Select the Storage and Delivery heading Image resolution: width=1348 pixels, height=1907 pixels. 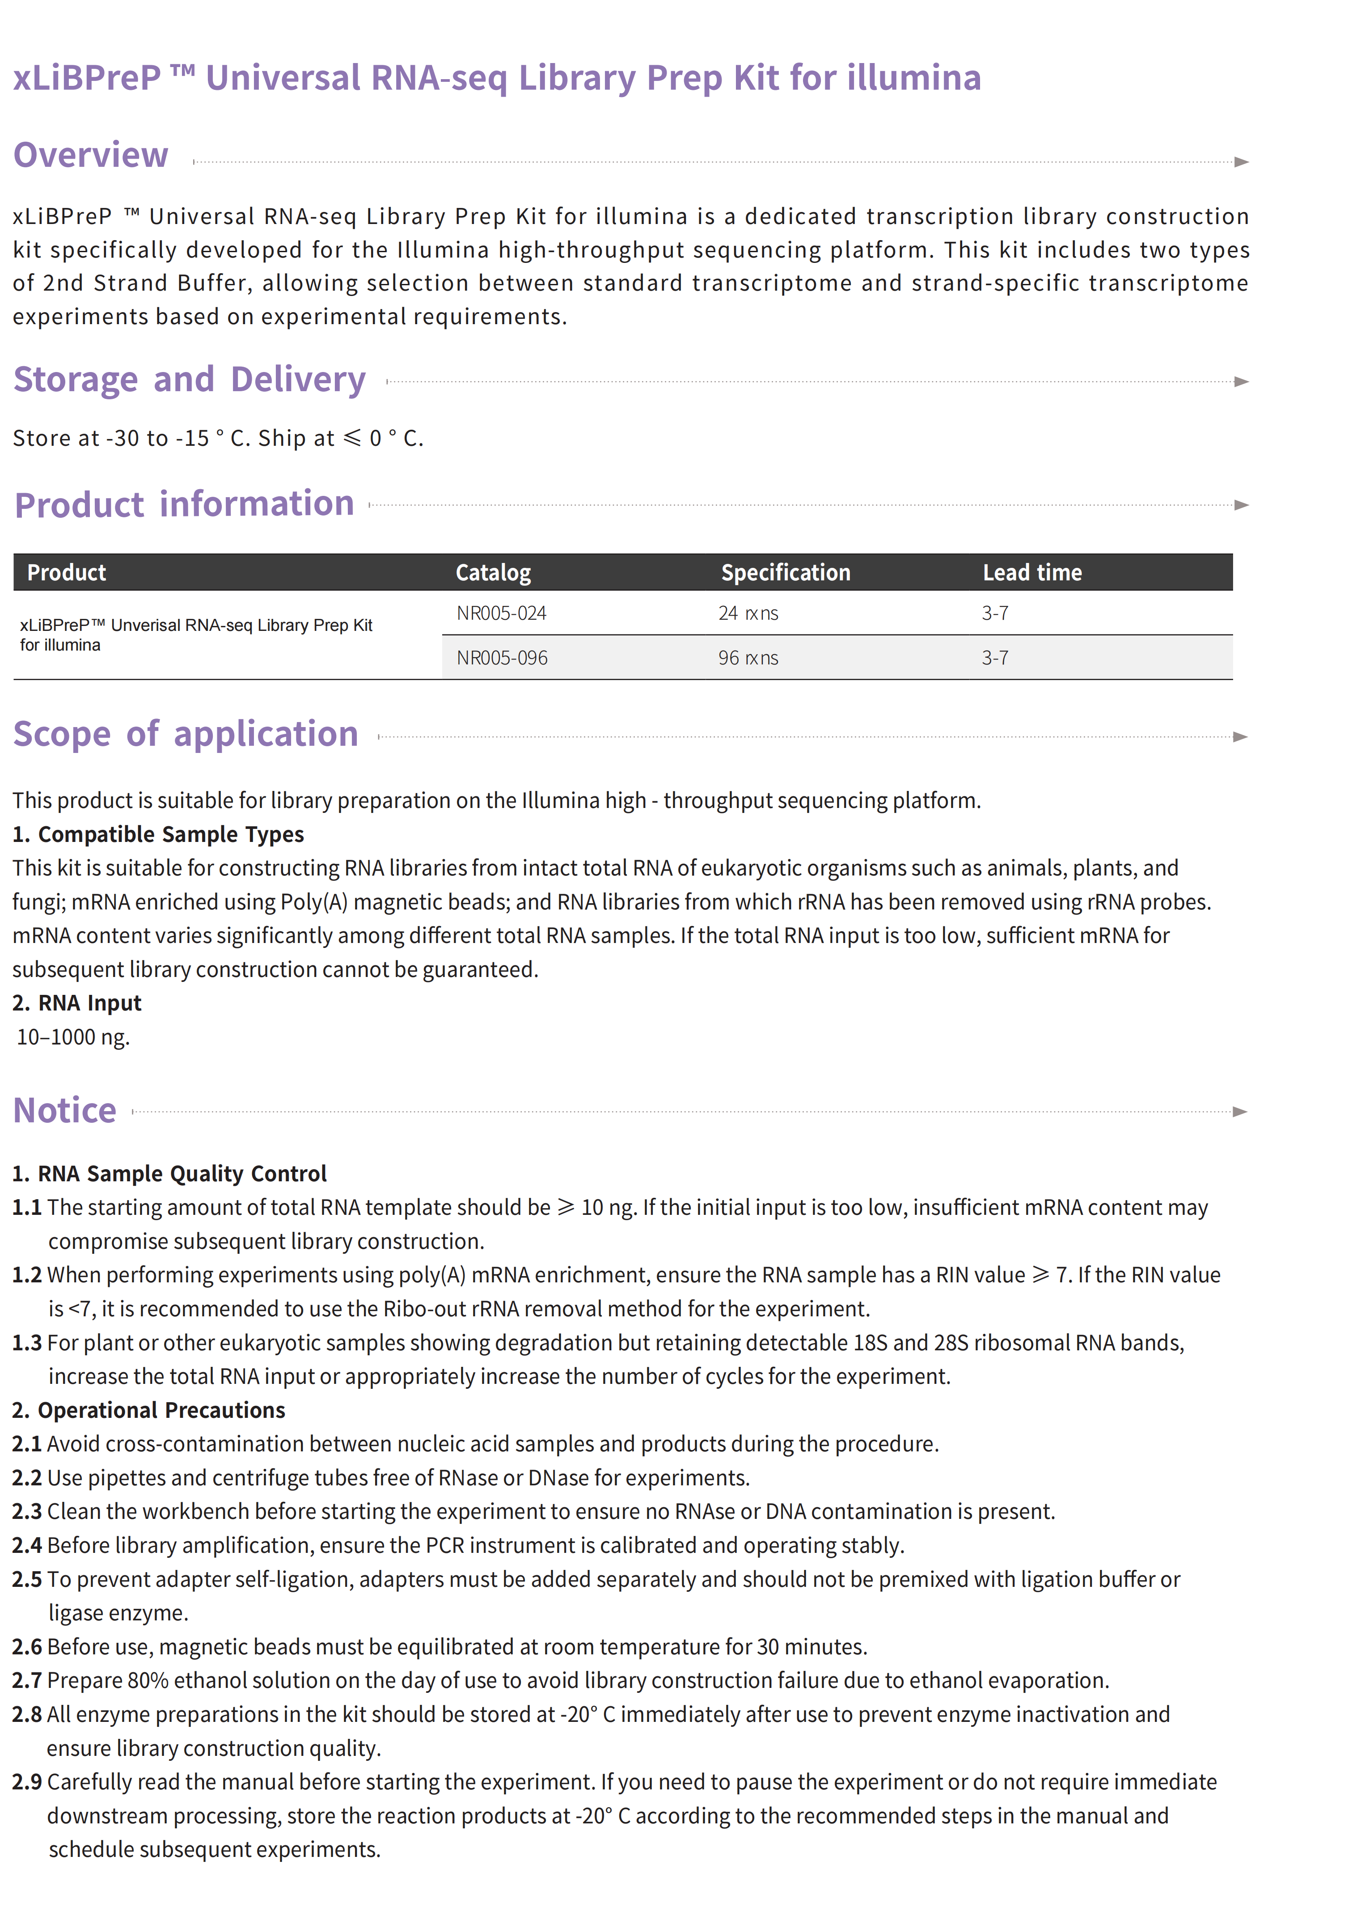tap(190, 380)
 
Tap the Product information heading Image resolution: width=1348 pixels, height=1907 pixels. tap(184, 504)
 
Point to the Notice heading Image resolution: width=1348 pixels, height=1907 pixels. tap(65, 1111)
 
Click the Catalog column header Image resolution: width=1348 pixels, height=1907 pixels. tap(493, 572)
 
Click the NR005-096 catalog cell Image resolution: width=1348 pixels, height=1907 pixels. tap(502, 658)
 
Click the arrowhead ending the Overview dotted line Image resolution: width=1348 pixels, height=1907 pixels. tap(1241, 162)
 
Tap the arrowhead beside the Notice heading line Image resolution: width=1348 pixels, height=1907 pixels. tap(1240, 1111)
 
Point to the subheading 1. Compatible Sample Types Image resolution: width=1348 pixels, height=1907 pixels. tap(158, 834)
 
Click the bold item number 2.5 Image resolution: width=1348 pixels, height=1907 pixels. tap(26, 1579)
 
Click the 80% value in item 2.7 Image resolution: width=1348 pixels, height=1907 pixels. tap(148, 1680)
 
